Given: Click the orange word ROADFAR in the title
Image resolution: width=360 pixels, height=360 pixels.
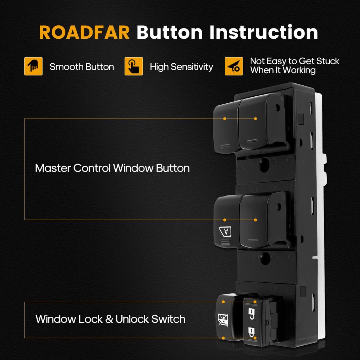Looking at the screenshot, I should [x=84, y=32].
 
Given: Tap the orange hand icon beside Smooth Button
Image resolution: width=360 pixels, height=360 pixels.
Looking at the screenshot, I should [x=33, y=66].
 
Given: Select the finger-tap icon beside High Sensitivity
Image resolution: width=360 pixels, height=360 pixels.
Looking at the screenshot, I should [x=134, y=66].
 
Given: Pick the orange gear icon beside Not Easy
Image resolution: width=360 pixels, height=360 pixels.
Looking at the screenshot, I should [x=234, y=66].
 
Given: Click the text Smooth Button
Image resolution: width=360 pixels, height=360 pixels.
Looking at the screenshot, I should [x=82, y=67].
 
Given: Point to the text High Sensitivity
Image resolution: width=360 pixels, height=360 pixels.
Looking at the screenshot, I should [x=181, y=67].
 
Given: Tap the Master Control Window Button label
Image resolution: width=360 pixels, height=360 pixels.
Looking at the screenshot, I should [x=112, y=168].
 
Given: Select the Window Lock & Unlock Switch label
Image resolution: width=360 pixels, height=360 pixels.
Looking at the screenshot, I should [x=110, y=319].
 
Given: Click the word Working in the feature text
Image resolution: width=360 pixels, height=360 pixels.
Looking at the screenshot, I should [x=299, y=70].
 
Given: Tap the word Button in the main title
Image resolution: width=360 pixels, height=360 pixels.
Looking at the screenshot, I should [x=170, y=32].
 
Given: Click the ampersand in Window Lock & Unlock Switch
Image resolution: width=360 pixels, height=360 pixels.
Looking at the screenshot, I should [x=109, y=319].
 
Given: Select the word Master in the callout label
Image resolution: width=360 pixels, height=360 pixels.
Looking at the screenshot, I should [x=53, y=168].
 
